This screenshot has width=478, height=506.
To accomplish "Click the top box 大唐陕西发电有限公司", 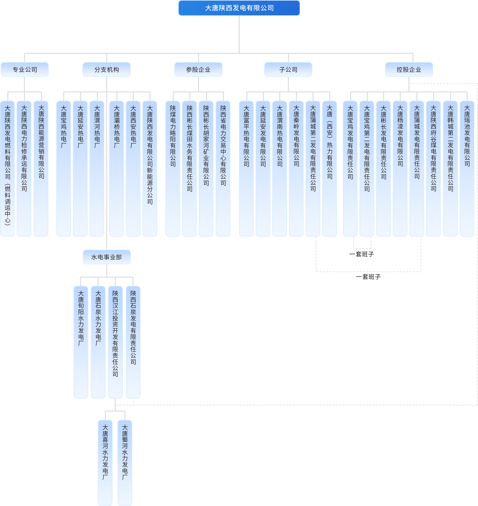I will point(239,8).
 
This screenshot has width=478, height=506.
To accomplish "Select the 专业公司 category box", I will point(25,69).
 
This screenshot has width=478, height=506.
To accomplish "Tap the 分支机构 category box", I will point(107,69).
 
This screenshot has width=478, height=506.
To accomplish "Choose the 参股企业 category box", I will point(198,69).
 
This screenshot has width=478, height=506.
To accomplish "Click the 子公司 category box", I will point(288,69).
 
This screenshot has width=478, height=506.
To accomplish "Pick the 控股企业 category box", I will point(409,69).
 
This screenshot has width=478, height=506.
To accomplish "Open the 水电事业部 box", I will point(107,257).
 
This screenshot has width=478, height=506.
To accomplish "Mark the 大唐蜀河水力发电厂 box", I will point(125,462).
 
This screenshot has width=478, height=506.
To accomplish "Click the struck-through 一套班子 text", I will point(362,254).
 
